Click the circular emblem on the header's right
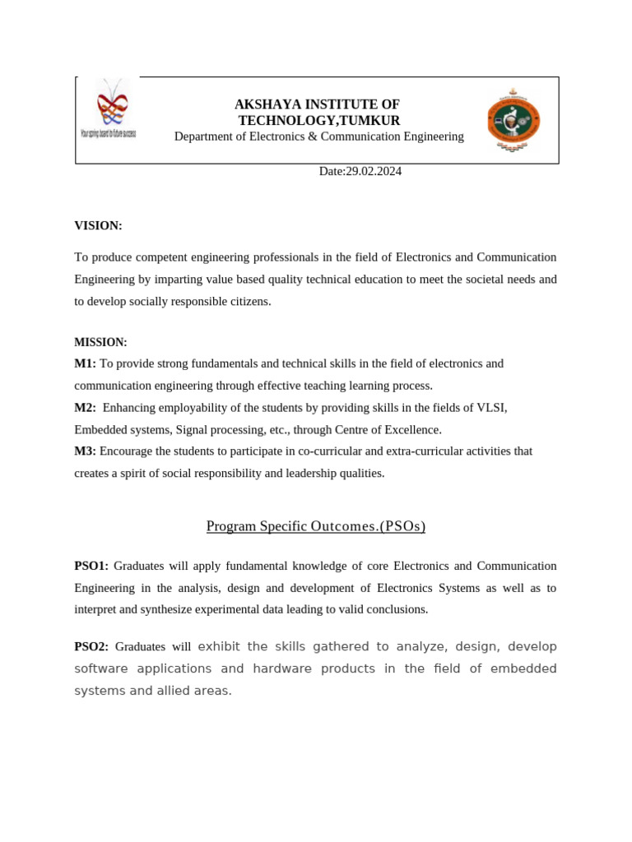tap(513, 120)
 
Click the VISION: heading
tap(98, 225)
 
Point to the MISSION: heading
tap(100, 342)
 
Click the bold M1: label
tap(85, 363)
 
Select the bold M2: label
tap(85, 408)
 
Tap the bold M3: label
tap(85, 451)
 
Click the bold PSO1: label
tap(91, 566)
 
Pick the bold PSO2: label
tap(91, 647)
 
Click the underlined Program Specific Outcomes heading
tap(315, 526)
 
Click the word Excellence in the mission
tap(414, 429)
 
